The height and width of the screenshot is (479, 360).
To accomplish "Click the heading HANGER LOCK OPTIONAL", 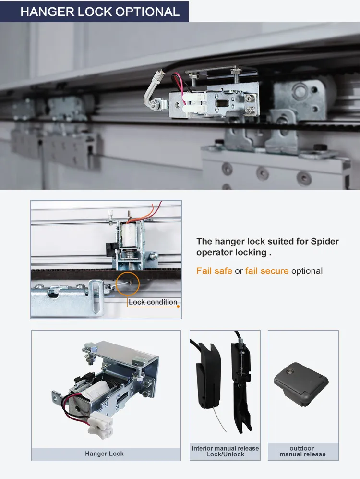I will coord(100,12).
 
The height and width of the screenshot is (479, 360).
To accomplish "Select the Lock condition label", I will coord(153,302).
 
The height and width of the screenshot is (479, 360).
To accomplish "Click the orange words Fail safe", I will coord(214,271).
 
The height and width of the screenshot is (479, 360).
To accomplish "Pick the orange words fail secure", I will coord(267,271).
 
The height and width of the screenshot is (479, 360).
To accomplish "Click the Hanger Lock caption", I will coord(104,454).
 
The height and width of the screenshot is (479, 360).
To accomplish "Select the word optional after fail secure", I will coord(307,271).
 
